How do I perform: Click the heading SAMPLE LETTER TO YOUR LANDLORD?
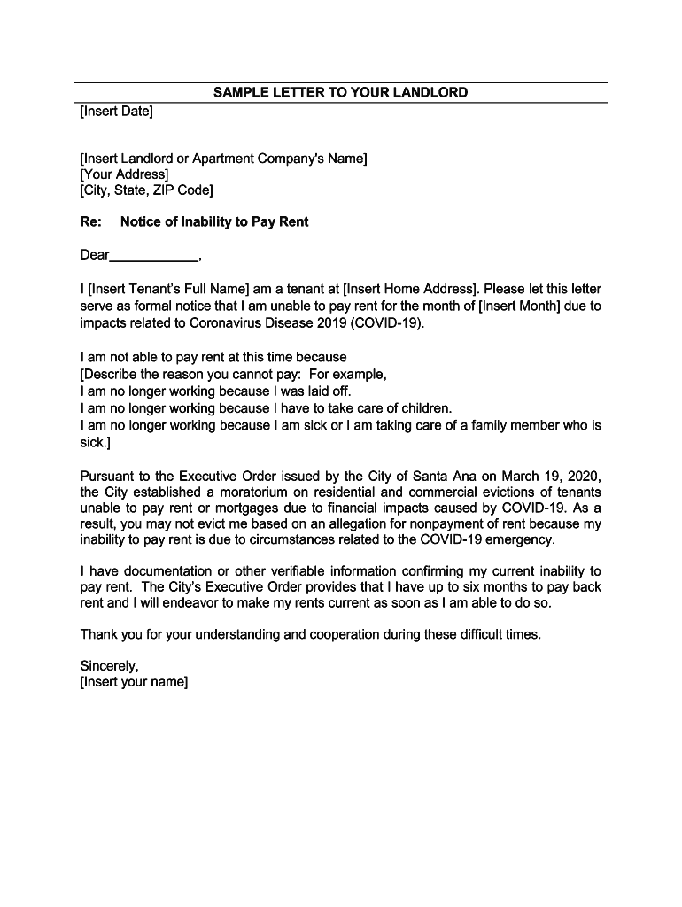pos(340,93)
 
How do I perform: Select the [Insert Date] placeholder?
pos(116,111)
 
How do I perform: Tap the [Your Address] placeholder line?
pos(124,174)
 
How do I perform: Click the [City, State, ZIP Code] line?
pos(146,190)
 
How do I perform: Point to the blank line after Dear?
pos(154,257)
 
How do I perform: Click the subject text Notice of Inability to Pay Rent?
pos(214,222)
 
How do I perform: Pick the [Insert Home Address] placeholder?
pos(410,289)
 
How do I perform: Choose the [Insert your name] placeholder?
pos(134,683)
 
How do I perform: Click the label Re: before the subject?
pos(91,222)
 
